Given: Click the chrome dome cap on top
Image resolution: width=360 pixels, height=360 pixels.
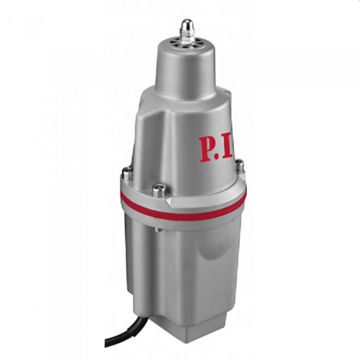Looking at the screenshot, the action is (187, 24).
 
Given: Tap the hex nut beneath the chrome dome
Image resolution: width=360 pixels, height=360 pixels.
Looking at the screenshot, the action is (187, 34).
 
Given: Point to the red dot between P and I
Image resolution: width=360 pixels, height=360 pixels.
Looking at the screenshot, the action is (221, 158).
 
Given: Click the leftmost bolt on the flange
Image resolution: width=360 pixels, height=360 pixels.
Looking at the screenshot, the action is (127, 173).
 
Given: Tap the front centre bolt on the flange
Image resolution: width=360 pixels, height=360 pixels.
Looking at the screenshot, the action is (158, 190).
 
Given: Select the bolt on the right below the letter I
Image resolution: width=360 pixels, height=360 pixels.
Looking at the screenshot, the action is (239, 166).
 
